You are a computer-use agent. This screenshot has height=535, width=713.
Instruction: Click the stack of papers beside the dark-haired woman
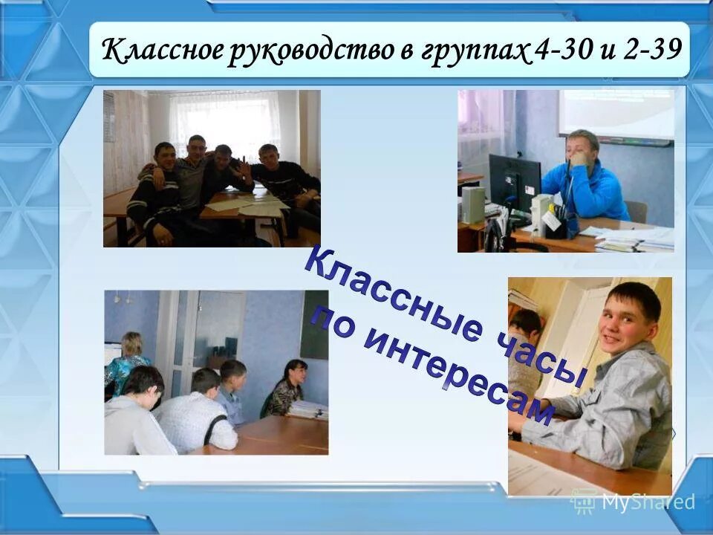click(x=308, y=409)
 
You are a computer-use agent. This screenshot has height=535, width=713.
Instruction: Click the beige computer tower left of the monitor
click(x=473, y=204)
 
